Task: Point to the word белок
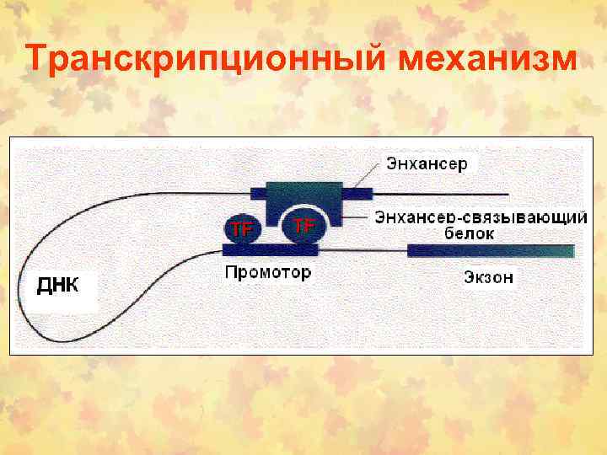click(468, 234)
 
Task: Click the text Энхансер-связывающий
click(481, 217)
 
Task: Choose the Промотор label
click(267, 272)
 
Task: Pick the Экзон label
click(488, 276)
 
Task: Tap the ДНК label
click(57, 284)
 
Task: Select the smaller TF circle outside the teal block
click(242, 228)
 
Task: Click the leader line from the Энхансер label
click(363, 175)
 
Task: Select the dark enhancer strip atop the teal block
click(303, 186)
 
